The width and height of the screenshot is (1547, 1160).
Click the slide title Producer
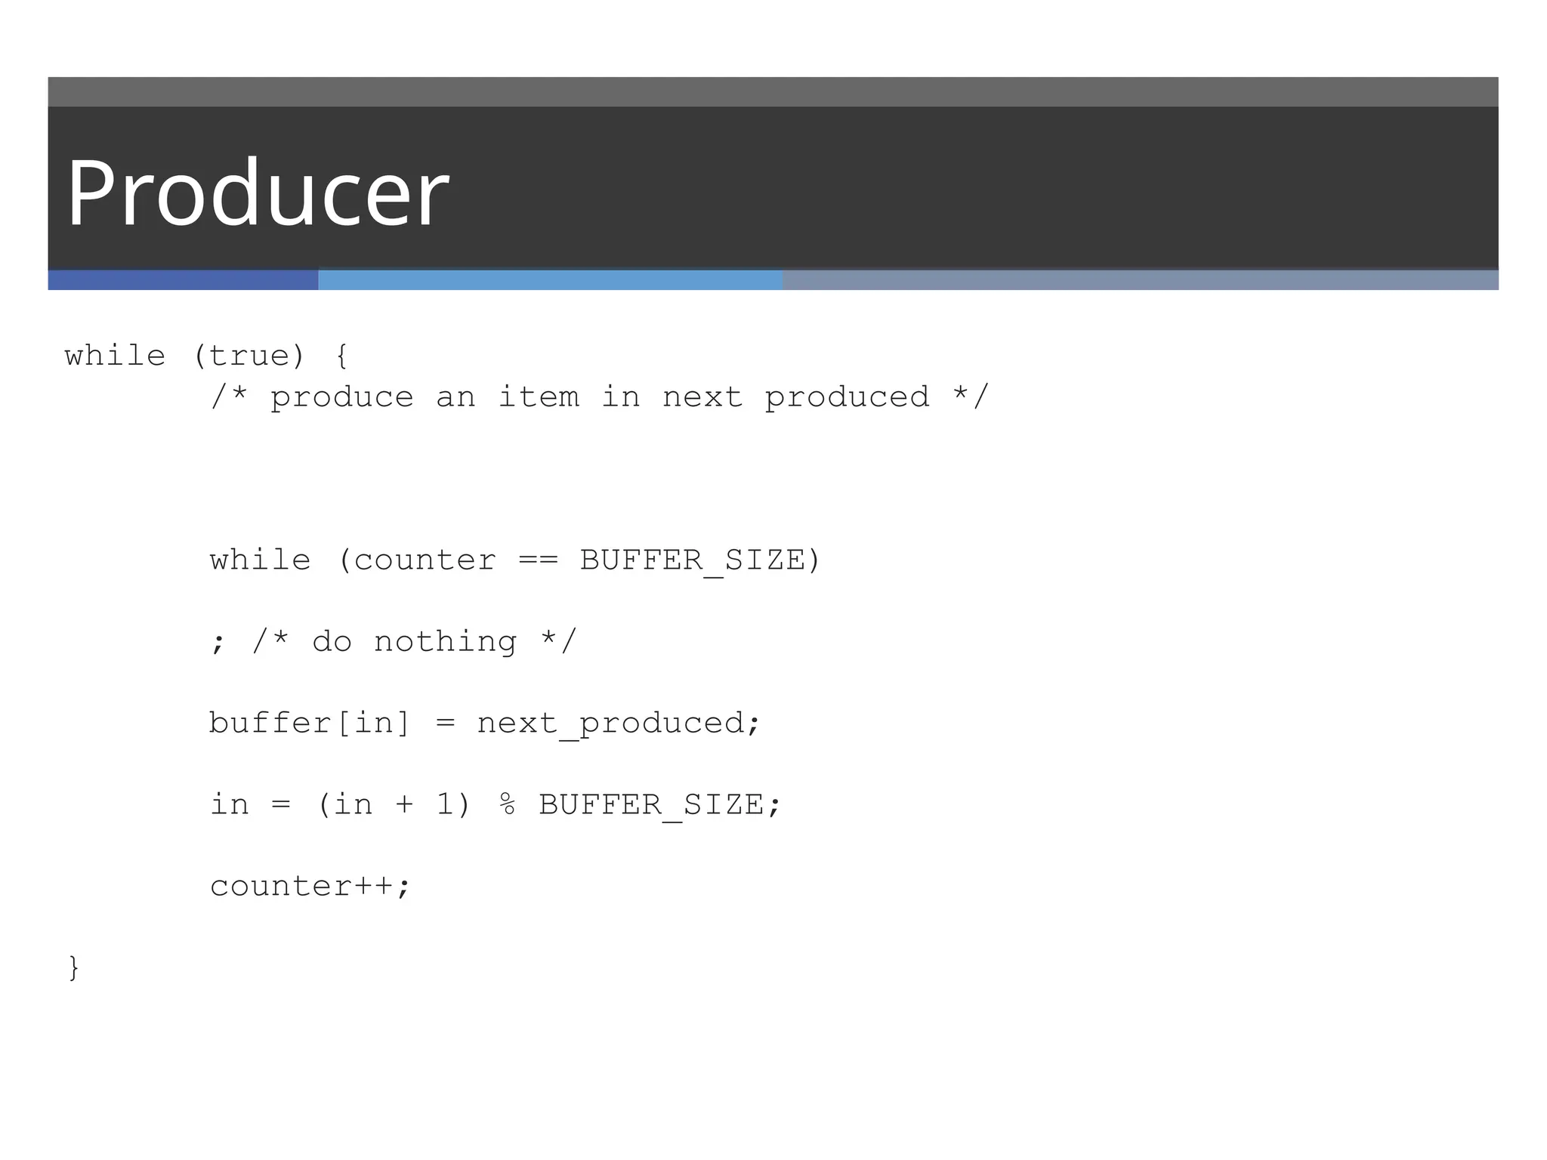[x=258, y=193]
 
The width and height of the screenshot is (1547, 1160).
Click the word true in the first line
[x=249, y=356]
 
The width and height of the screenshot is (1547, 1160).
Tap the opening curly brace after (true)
[x=341, y=356]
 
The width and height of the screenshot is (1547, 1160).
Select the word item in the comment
[x=539, y=397]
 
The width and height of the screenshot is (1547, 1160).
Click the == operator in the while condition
[x=539, y=560]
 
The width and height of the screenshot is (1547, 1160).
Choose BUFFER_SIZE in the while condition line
[x=693, y=560]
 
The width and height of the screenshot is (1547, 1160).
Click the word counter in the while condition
[x=425, y=560]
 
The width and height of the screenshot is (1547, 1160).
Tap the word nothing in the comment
[x=445, y=642]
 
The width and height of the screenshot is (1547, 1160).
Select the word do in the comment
[x=332, y=642]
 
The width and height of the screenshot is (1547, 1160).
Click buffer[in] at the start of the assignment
[x=310, y=723]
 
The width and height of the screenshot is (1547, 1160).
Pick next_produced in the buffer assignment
[x=610, y=723]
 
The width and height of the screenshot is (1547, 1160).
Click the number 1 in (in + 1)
[x=445, y=805]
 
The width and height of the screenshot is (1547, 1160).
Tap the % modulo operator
[x=508, y=805]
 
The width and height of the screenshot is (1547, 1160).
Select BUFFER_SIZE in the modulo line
[x=651, y=805]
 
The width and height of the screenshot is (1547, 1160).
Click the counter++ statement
[x=310, y=887]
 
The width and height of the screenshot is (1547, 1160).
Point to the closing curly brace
[x=73, y=968]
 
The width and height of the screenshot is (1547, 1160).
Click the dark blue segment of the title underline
[x=183, y=280]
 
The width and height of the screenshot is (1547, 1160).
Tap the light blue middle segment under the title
[x=550, y=280]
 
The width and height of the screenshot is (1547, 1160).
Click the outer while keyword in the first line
[x=115, y=356]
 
